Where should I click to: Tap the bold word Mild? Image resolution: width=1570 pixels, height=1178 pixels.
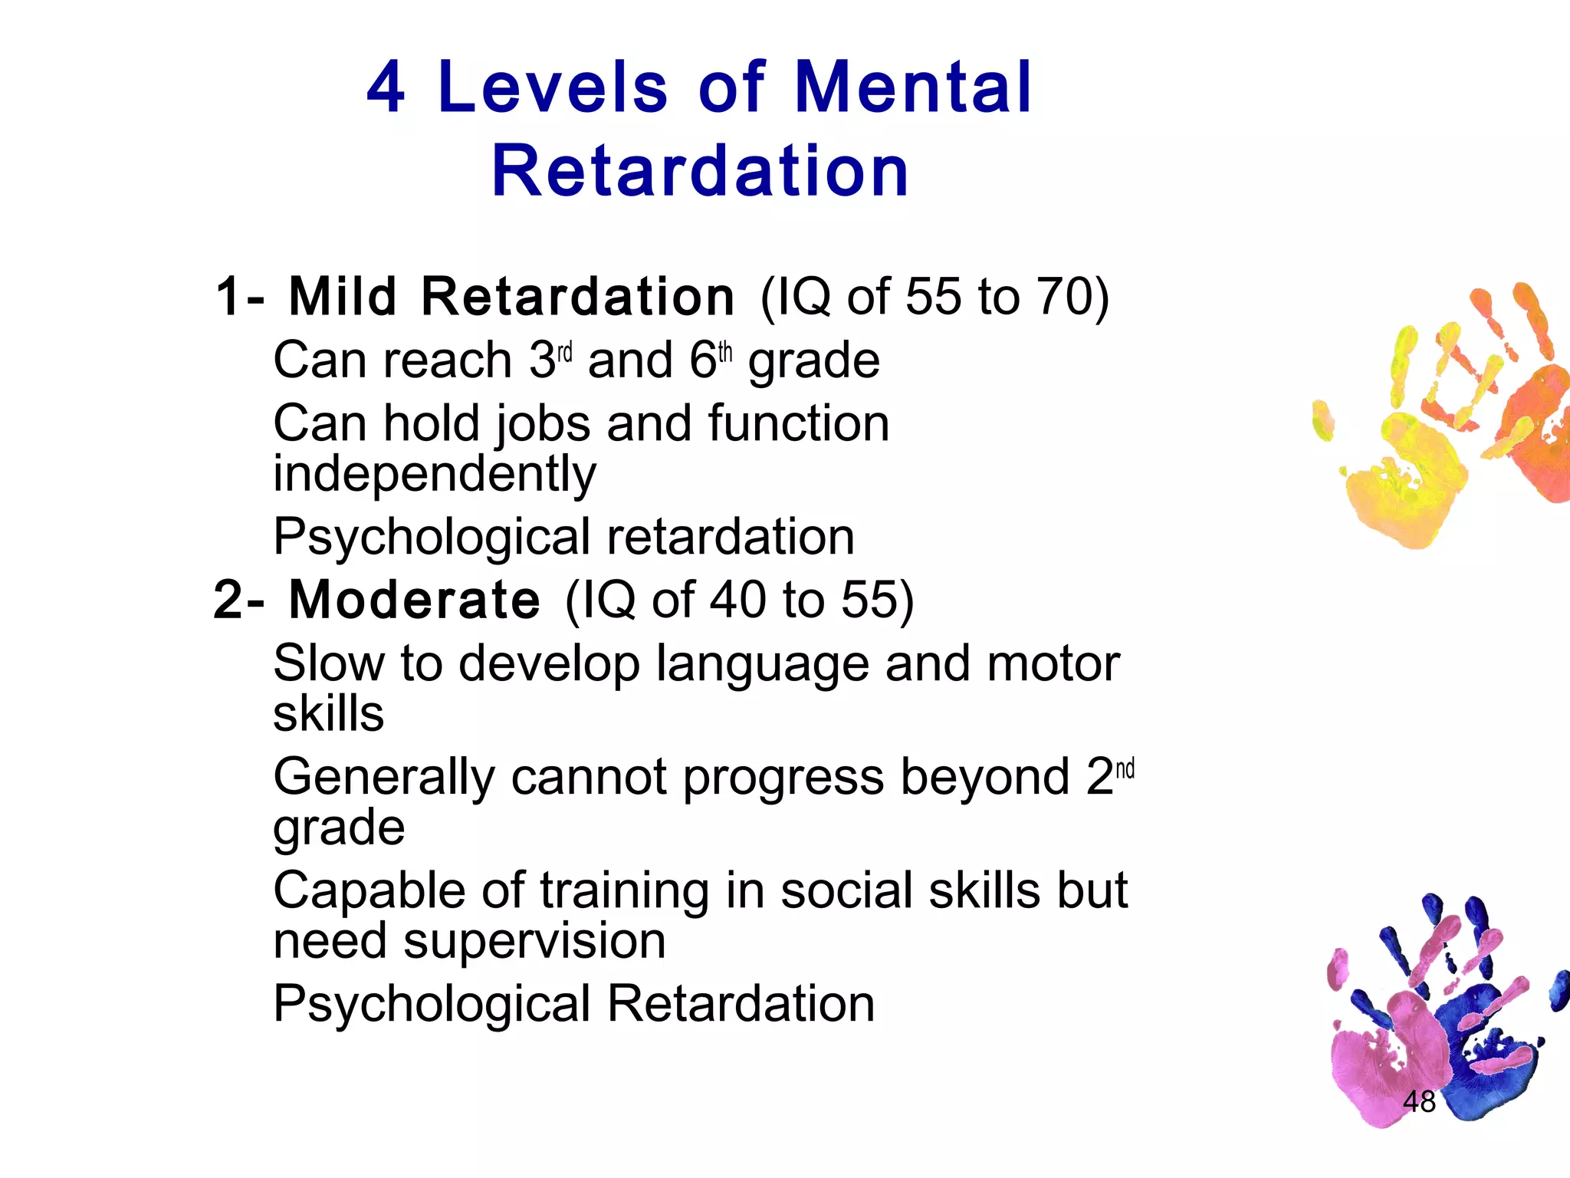(343, 297)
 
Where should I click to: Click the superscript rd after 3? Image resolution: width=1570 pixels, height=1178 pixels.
(565, 353)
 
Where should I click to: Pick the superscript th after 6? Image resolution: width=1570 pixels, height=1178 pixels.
(725, 353)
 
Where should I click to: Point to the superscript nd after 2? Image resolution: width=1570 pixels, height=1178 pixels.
(1125, 769)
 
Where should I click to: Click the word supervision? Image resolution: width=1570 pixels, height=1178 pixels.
(534, 942)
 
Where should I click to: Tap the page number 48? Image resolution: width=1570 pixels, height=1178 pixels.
(1419, 1102)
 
